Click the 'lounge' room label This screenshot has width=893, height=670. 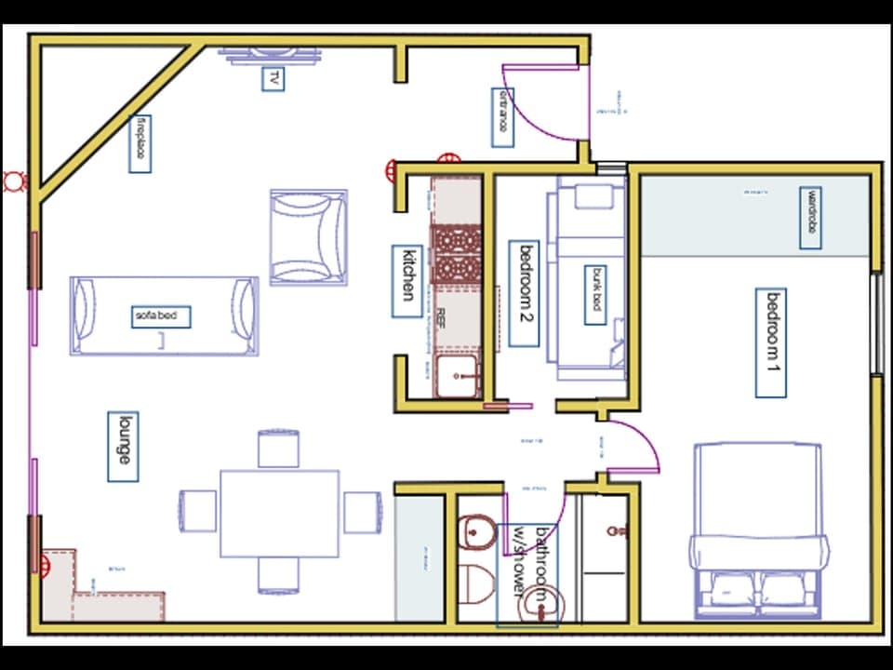point(123,447)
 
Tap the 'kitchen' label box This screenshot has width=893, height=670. point(407,280)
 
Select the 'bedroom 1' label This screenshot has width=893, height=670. point(771,342)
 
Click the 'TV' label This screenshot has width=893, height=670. point(273,79)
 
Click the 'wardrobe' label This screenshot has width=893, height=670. point(811,218)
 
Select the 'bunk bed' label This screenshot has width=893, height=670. point(594,295)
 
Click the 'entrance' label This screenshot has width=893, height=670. point(502,117)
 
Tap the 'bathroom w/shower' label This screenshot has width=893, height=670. point(526,575)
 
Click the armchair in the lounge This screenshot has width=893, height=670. point(309,237)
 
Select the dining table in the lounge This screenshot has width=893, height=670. point(279,513)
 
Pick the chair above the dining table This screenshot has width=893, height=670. point(278,448)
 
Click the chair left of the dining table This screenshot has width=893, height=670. point(197,511)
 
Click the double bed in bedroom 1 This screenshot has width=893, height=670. point(758,530)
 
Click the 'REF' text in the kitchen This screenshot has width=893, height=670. point(442,315)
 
